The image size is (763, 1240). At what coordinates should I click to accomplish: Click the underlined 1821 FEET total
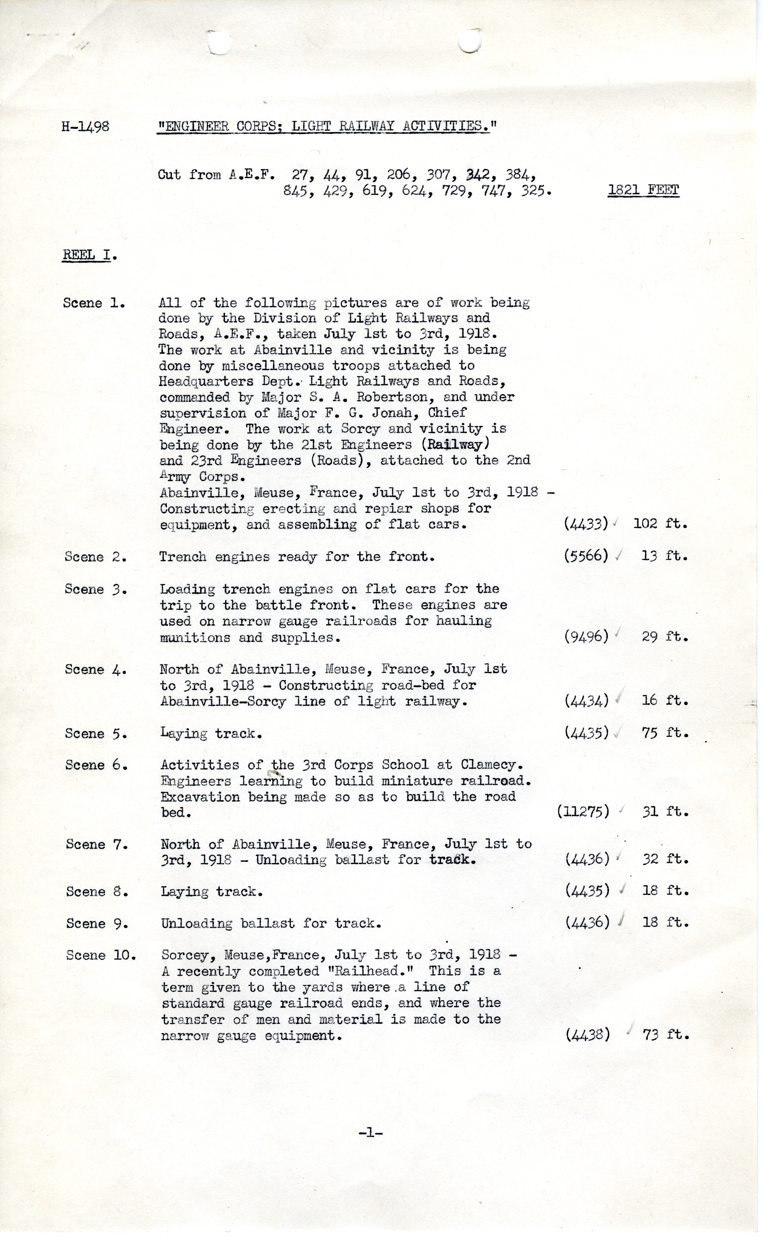tap(643, 191)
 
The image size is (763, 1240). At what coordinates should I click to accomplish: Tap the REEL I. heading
tap(89, 255)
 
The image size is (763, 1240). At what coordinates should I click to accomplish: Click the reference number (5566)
tap(586, 556)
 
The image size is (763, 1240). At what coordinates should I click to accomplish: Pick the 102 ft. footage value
tap(660, 524)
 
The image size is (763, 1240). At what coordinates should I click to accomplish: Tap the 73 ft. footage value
tap(665, 1035)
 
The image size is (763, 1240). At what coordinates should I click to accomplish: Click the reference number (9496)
tap(586, 637)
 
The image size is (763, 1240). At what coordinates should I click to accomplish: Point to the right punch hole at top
tap(470, 41)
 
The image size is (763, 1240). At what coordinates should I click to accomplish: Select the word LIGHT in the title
tap(311, 126)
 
